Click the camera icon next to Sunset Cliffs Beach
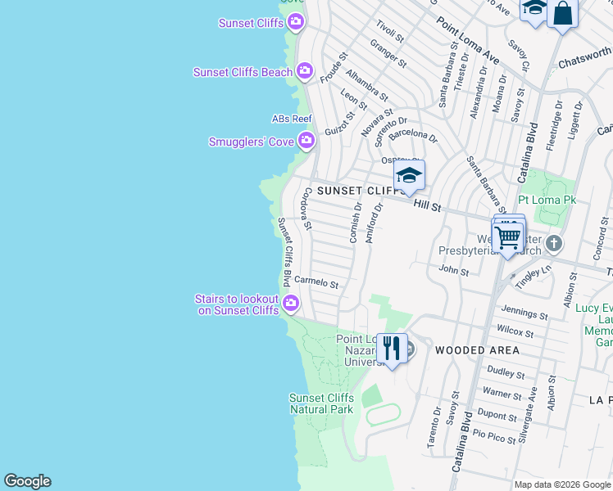coord(305,72)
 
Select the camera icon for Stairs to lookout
coord(291,305)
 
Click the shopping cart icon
coord(507,237)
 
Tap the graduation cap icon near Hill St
coord(409,175)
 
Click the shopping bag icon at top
coord(562,13)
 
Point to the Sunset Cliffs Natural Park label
coord(321,403)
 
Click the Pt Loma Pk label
coord(547,200)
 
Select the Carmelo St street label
coord(316,282)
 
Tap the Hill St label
coord(427,205)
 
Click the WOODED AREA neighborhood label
coord(477,350)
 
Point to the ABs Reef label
coord(291,119)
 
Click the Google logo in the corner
coord(27,481)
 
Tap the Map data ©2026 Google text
coord(561,484)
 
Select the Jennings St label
coord(524,313)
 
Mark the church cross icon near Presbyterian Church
coord(554,243)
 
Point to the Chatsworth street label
coord(584,57)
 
